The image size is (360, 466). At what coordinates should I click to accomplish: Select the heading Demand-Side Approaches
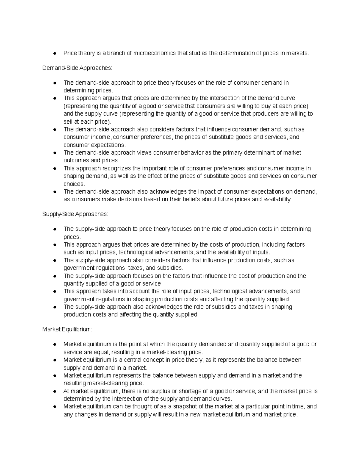77,68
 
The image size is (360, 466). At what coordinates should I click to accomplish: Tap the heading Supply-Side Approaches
75,214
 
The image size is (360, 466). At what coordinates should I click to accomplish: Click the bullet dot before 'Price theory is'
55,54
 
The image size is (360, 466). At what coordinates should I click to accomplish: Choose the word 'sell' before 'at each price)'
68,122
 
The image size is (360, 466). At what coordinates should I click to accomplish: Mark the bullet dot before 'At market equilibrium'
55,391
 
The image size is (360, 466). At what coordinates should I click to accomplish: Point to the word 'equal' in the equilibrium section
102,352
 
